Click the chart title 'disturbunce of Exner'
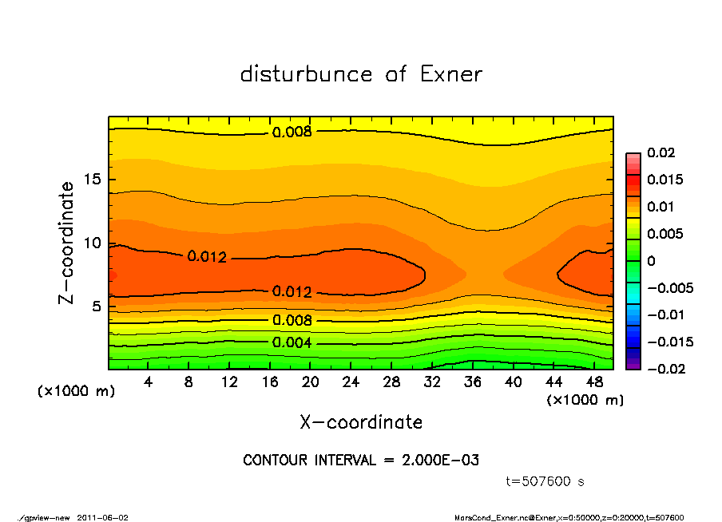coord(361,74)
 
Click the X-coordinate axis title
coord(361,422)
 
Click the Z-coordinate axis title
coord(67,243)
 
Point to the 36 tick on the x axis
coord(473,382)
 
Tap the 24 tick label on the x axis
coord(351,382)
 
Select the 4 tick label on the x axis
coord(149,382)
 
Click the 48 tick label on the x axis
coord(594,382)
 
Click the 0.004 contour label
coord(292,343)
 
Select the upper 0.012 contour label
coord(207,257)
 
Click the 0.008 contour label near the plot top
coord(292,132)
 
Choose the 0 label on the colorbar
coord(651,261)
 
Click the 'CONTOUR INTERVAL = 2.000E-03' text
coord(361,461)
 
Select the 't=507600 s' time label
coord(546,481)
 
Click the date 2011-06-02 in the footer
coord(102,517)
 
